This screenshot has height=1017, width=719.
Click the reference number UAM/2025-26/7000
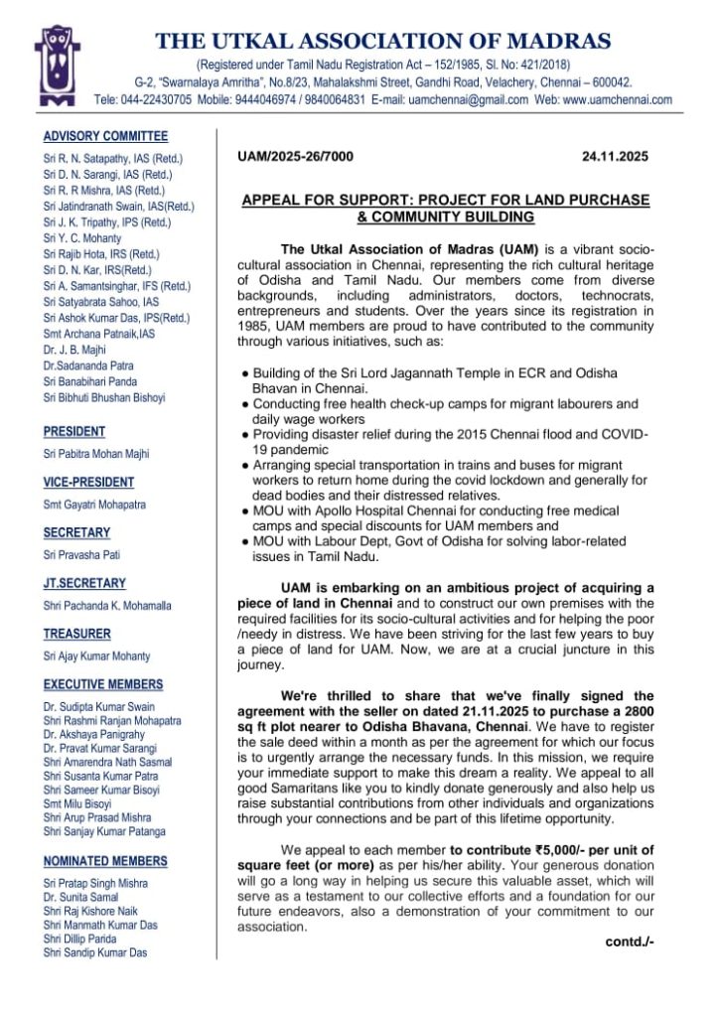(295, 156)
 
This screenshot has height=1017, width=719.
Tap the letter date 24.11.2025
(615, 156)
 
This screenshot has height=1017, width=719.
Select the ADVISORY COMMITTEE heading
(106, 136)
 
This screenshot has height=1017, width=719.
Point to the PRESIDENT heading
(74, 432)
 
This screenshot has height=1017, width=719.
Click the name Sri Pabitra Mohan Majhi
(96, 454)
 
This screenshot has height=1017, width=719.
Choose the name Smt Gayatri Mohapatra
(94, 505)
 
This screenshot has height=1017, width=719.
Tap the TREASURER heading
(77, 634)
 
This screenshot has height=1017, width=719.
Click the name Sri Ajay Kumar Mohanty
(96, 655)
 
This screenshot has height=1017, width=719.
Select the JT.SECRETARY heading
(84, 583)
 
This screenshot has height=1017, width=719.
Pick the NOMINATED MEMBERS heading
(106, 861)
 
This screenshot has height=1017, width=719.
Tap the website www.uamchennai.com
(617, 100)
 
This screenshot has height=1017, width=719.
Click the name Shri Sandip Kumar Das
(95, 952)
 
